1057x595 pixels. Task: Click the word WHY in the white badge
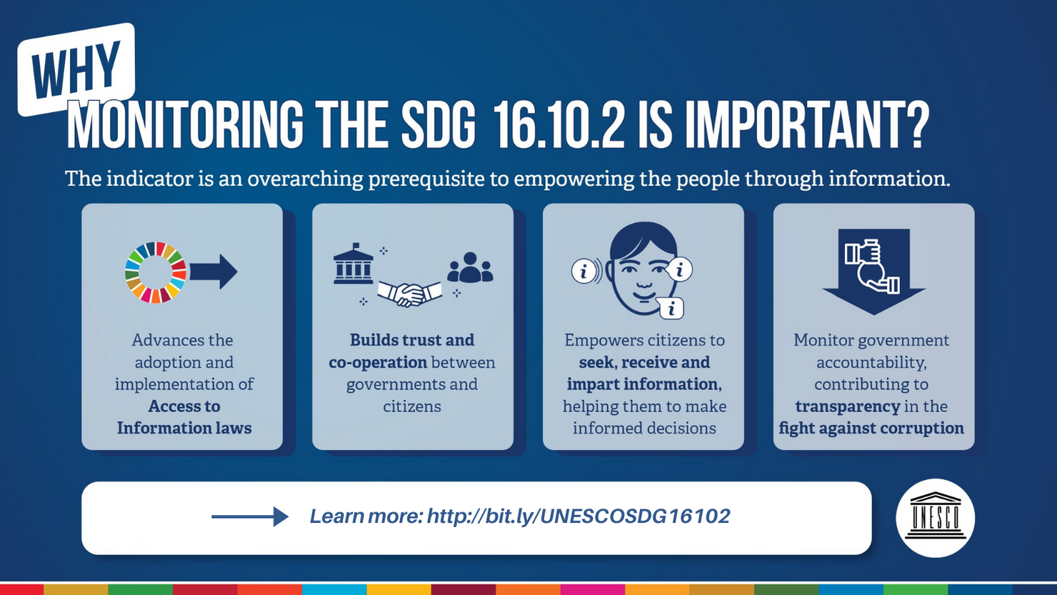click(x=76, y=69)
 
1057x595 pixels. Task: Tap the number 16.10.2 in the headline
click(x=558, y=126)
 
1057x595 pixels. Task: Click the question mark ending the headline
click(x=916, y=126)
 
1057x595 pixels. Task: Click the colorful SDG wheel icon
click(x=155, y=272)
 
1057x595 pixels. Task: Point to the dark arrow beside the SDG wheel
click(x=214, y=271)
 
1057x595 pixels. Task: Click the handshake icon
click(x=410, y=294)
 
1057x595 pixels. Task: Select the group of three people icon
click(x=470, y=268)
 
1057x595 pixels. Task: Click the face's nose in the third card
click(x=643, y=280)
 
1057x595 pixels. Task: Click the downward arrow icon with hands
click(x=873, y=271)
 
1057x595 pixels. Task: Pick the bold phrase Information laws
click(x=184, y=428)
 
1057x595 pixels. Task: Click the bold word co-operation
click(x=378, y=362)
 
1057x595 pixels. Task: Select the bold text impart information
click(x=644, y=384)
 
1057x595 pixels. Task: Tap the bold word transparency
click(x=848, y=406)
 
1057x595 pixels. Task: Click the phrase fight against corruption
click(x=871, y=429)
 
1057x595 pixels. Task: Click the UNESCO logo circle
click(x=936, y=518)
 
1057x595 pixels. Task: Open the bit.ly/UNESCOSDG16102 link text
click(x=578, y=516)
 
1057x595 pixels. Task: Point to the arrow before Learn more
click(x=250, y=516)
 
